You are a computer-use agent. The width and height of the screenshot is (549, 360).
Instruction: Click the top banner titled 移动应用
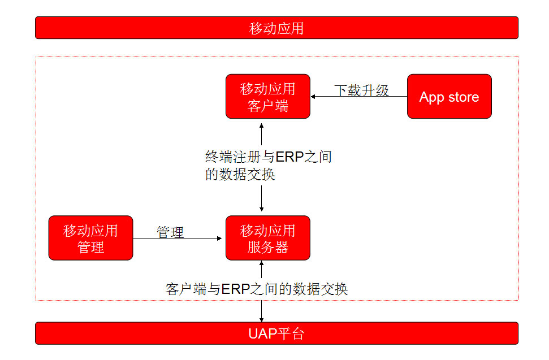276,28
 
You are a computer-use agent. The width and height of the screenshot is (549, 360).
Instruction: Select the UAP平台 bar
276,333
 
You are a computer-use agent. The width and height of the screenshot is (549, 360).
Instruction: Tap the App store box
449,96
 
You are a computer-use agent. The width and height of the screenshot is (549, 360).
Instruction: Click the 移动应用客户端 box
268,96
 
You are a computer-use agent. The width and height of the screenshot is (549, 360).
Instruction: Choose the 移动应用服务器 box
268,238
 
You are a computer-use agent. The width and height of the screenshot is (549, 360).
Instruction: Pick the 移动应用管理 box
90,238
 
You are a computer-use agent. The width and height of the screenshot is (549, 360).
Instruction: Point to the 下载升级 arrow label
361,90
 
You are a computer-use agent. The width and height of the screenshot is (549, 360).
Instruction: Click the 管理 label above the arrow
170,232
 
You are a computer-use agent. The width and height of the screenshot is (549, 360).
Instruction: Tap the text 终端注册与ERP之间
269,157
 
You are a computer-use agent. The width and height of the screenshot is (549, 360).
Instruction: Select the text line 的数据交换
240,174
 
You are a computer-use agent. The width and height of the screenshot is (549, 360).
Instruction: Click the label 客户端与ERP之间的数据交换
257,289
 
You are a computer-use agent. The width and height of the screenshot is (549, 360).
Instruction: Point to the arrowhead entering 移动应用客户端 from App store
313,96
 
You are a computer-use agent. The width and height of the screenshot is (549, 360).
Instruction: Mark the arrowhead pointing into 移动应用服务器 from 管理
219,238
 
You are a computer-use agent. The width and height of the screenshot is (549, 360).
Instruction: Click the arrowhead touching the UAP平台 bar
262,320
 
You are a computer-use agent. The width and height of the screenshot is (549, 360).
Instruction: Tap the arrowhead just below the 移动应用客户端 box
262,125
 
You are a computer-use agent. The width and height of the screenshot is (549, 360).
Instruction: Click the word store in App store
464,97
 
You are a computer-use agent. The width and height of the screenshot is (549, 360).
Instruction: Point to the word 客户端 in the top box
268,106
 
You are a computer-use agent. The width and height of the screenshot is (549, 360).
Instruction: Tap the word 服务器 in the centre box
268,248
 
